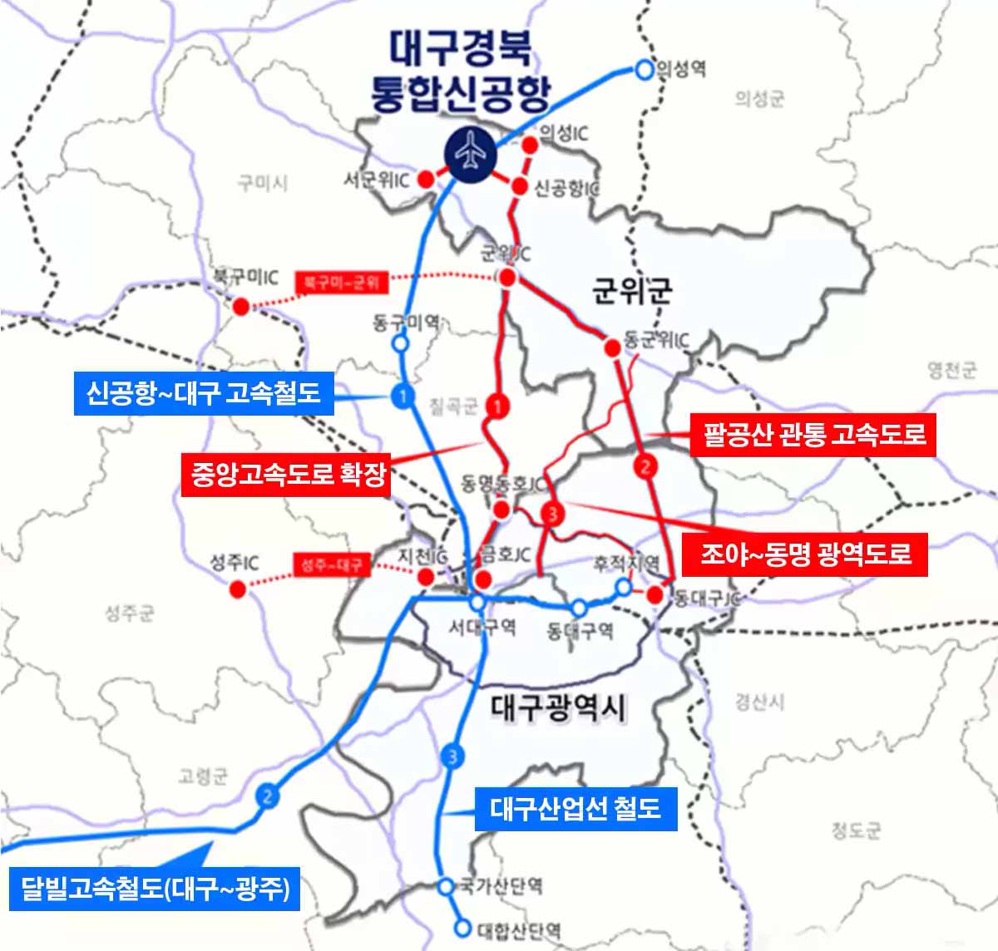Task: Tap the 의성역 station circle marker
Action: (x=644, y=71)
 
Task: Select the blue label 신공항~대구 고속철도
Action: (x=204, y=392)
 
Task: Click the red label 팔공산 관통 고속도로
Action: (x=813, y=433)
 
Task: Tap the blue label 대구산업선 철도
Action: (x=576, y=807)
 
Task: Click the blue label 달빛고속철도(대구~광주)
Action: (x=154, y=889)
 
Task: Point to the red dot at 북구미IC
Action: (x=241, y=306)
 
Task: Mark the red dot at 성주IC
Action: (x=238, y=589)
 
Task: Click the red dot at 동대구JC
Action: (x=655, y=595)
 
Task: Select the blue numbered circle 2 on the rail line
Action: (x=267, y=796)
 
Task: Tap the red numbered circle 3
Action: (x=552, y=515)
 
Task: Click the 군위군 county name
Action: (x=632, y=291)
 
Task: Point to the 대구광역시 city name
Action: (x=559, y=707)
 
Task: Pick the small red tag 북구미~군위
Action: (x=342, y=283)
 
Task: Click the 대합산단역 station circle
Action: (x=462, y=928)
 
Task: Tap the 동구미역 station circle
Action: (x=401, y=342)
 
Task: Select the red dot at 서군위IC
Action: (x=425, y=179)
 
